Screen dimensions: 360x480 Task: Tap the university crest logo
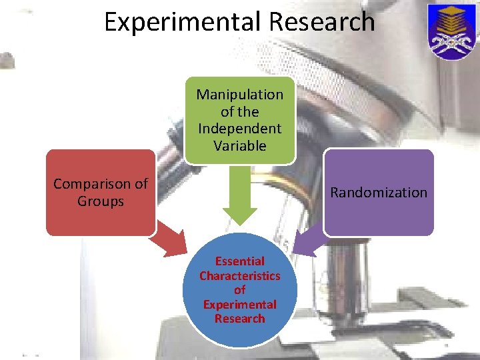coord(450,31)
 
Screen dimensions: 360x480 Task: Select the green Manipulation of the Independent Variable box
coord(239,120)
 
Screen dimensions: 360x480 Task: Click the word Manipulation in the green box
coord(239,95)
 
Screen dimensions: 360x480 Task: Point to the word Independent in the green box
coord(239,128)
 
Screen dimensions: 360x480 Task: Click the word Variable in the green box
coord(239,145)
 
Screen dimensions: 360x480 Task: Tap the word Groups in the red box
coord(101,201)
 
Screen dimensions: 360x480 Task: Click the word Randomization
coord(379,193)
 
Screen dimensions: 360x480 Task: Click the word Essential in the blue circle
coord(239,261)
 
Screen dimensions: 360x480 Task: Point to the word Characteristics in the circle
coord(239,276)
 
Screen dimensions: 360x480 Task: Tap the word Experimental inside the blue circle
coord(239,305)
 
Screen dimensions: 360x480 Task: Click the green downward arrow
coord(239,197)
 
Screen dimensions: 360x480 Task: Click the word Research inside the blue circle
coord(239,319)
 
